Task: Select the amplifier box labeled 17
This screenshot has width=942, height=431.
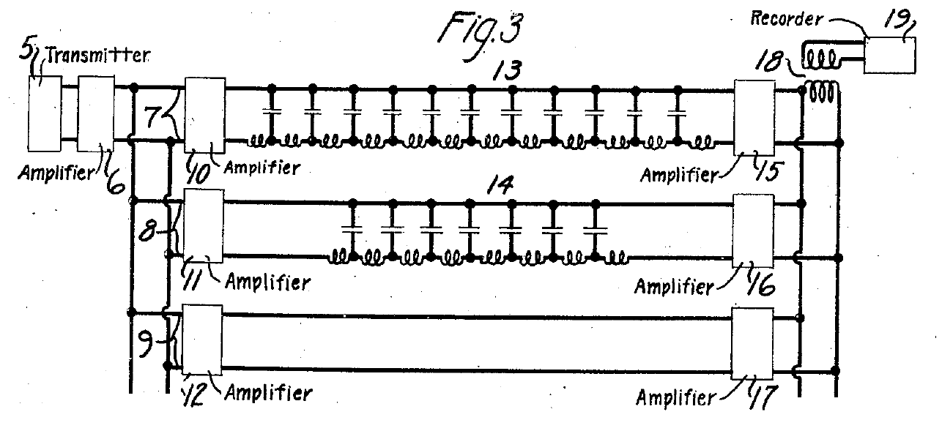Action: click(753, 342)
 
